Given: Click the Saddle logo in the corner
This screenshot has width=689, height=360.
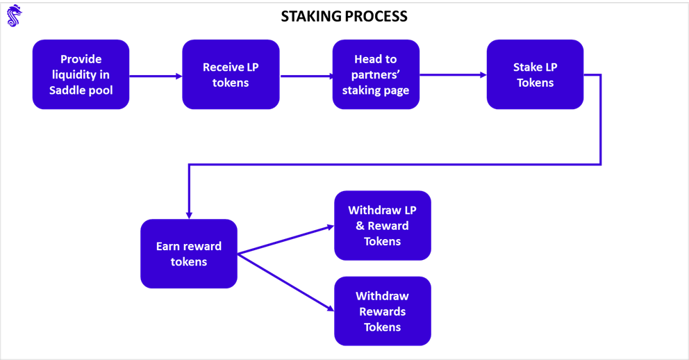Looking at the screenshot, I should [15, 15].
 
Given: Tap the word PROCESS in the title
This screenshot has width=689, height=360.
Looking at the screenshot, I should [377, 16].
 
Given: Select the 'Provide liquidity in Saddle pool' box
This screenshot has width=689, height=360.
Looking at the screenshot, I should [81, 74].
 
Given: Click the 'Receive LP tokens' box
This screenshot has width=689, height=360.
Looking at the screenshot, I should [231, 74].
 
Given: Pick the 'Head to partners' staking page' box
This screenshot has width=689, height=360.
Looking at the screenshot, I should [376, 74].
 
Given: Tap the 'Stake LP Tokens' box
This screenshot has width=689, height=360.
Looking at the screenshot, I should [535, 74].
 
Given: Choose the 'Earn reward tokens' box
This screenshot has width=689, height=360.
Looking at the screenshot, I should [189, 254].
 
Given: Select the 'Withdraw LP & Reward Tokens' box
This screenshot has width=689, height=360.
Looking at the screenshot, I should [382, 226].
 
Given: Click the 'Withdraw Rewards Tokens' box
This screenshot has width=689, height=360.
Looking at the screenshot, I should [382, 311].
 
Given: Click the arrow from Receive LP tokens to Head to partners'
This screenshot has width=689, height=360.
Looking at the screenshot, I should [306, 76].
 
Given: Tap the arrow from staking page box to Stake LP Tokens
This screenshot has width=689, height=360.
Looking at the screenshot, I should [453, 75].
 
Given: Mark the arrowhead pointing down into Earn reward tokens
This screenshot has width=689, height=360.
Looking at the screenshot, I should [189, 214].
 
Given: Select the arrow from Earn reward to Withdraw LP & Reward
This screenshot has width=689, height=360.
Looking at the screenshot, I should [285, 240].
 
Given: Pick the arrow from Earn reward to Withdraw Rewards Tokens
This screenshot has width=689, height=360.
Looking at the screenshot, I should [285, 281].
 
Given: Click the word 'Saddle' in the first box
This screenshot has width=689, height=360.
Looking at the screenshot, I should [66, 90].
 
